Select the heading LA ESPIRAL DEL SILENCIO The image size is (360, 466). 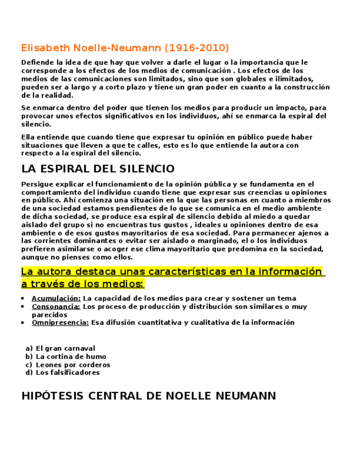(98, 169)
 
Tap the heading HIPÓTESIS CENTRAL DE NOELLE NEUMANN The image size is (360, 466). (148, 396)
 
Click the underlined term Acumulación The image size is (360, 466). (56, 298)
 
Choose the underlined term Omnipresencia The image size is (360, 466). (60, 323)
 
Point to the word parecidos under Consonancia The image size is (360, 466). (49, 315)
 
